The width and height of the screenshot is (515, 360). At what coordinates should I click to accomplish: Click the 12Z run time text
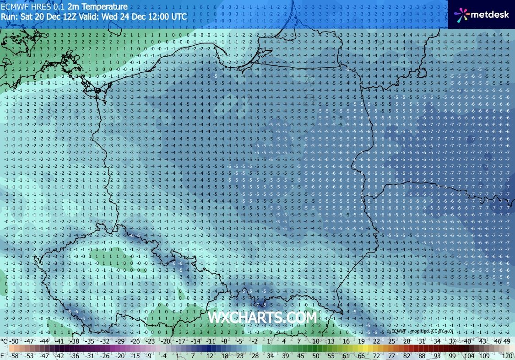pyautogui.click(x=67, y=16)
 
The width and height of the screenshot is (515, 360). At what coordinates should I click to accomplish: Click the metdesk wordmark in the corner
pyautogui.click(x=491, y=14)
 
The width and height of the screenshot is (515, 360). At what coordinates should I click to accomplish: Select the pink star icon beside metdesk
pyautogui.click(x=462, y=15)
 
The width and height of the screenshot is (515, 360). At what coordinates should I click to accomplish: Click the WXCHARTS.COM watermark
pyautogui.click(x=262, y=317)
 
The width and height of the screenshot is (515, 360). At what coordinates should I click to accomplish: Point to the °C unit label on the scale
pyautogui.click(x=4, y=341)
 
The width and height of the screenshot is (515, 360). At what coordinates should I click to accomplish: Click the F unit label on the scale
pyautogui.click(x=3, y=355)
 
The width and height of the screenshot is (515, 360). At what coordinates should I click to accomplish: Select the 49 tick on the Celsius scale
pyautogui.click(x=507, y=341)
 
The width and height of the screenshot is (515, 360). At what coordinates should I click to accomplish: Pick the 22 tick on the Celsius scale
pyautogui.click(x=376, y=341)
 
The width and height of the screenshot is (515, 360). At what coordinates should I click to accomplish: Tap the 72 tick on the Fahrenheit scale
pyautogui.click(x=376, y=355)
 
